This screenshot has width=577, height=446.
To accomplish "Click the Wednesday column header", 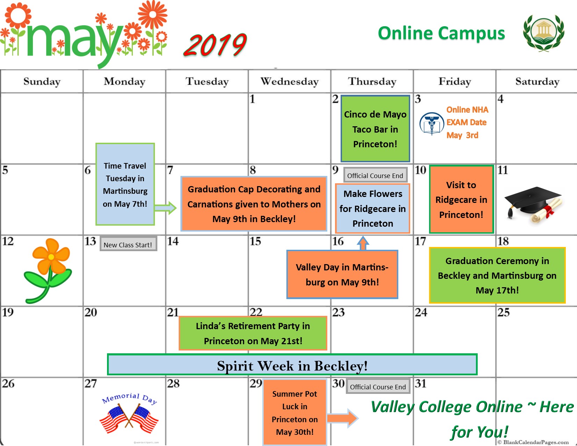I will [290, 82].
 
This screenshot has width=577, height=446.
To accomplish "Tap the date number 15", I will [255, 241].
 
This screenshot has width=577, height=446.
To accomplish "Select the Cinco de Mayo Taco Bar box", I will [375, 129].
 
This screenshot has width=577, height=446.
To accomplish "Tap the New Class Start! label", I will [128, 245].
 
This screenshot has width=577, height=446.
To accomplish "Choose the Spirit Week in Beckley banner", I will [292, 365].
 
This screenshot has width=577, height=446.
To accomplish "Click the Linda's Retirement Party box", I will [253, 333].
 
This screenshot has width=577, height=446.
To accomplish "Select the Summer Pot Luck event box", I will [295, 413].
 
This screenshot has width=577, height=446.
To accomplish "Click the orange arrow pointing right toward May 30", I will [342, 418].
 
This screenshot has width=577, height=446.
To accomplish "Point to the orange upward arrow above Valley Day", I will [363, 243].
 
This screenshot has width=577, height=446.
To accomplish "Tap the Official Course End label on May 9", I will [375, 176].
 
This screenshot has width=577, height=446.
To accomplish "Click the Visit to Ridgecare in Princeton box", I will [461, 199].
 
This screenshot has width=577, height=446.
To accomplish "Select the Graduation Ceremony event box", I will [497, 275].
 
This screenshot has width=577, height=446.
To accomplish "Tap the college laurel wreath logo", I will [543, 33].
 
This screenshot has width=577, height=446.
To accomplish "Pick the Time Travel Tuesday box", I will [125, 184].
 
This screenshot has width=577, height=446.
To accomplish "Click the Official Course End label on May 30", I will [378, 387].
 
